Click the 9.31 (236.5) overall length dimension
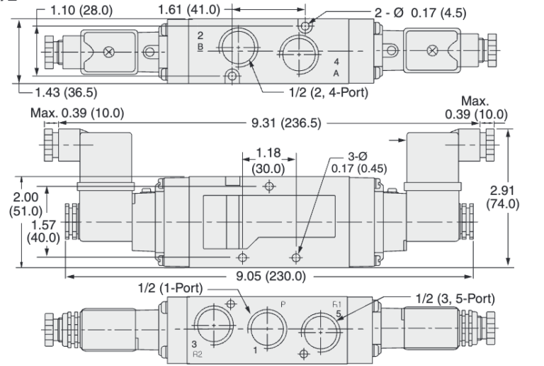(x=285, y=123)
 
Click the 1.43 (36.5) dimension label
(x=62, y=92)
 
